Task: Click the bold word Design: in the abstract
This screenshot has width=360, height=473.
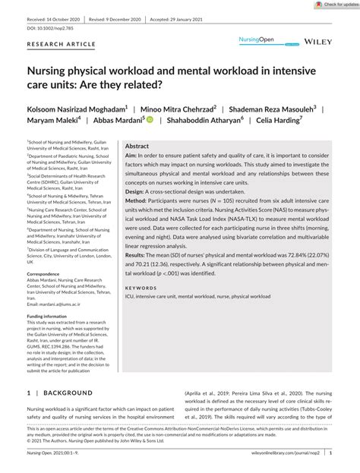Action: tap(137, 193)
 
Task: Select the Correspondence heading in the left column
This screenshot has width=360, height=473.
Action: tap(49, 273)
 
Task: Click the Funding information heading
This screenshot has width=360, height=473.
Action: tap(46, 336)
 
